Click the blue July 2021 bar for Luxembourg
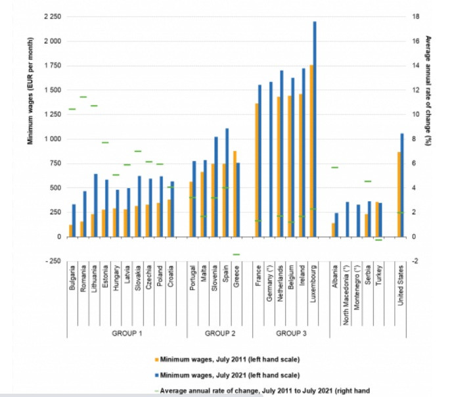click(314, 129)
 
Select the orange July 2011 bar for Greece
click(235, 193)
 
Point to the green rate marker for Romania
click(83, 97)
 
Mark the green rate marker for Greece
click(236, 254)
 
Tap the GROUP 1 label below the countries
click(125, 333)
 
